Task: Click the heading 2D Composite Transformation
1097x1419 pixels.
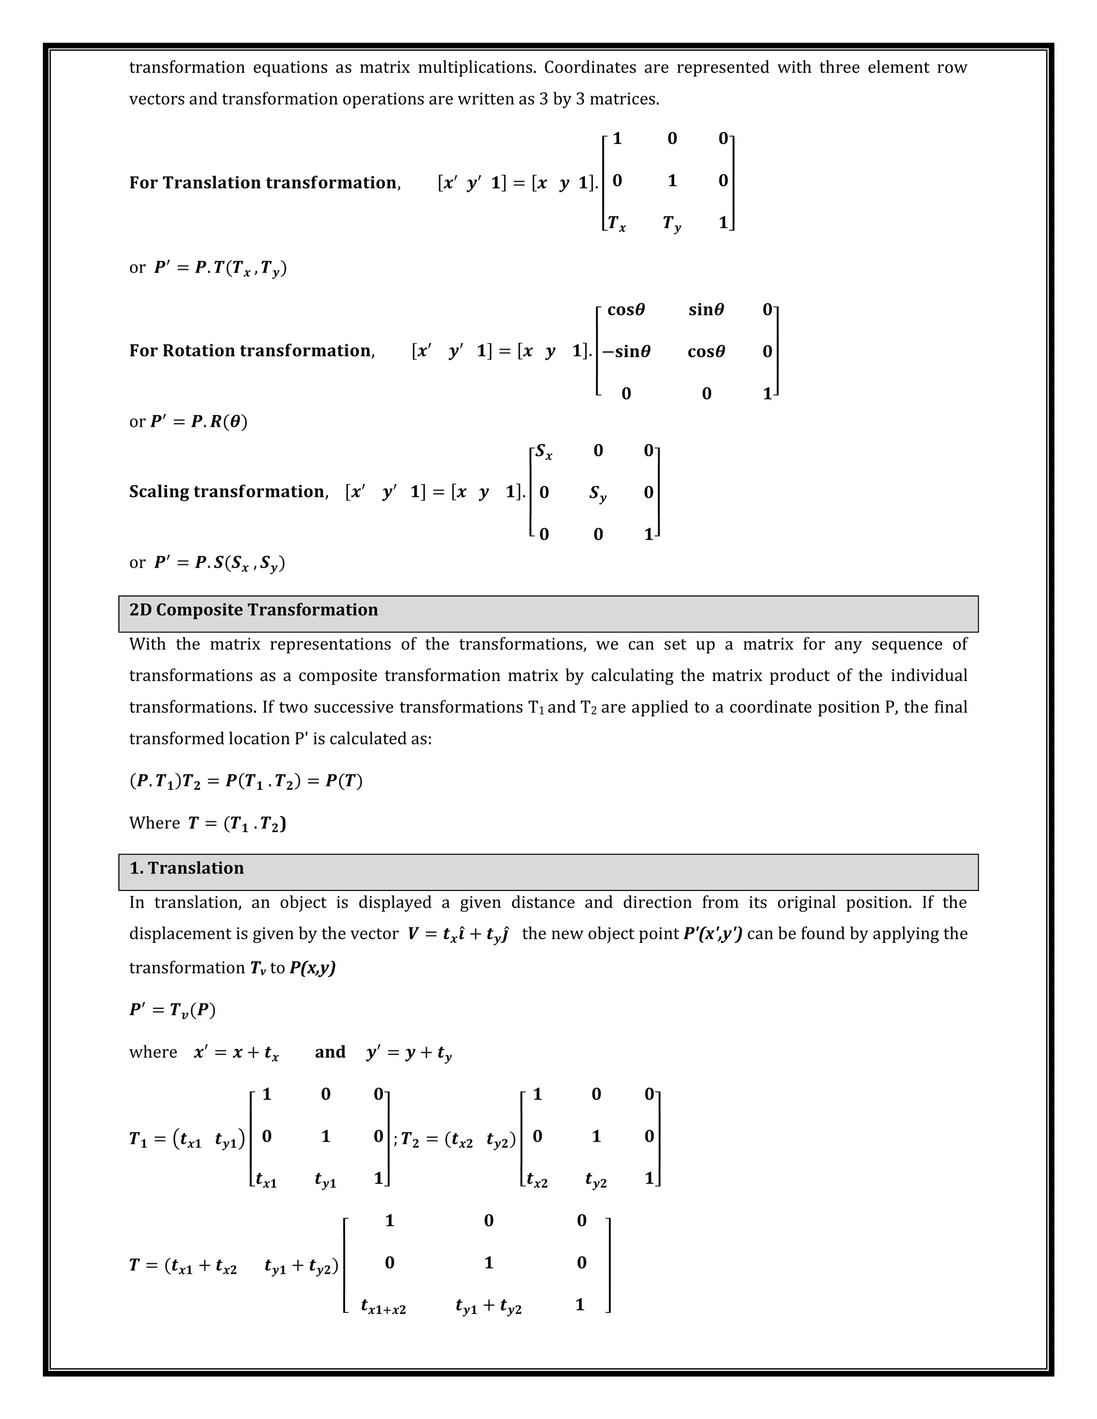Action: (x=253, y=610)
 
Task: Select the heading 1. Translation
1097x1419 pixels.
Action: (x=186, y=868)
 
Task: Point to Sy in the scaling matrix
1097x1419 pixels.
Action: (x=598, y=493)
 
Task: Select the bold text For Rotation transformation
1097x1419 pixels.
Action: (x=251, y=351)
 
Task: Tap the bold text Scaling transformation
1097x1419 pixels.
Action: (x=227, y=492)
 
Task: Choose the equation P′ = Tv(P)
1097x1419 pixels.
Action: (x=172, y=1010)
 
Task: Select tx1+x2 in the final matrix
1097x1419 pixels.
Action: (x=383, y=1306)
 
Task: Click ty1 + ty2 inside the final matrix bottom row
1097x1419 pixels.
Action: (x=489, y=1306)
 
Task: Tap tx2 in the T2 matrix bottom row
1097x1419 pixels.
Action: (x=537, y=1180)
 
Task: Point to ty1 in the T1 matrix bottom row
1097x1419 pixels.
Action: (x=326, y=1180)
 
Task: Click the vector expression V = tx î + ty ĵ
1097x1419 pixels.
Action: (x=457, y=934)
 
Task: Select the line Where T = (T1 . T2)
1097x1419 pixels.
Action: (x=207, y=823)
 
